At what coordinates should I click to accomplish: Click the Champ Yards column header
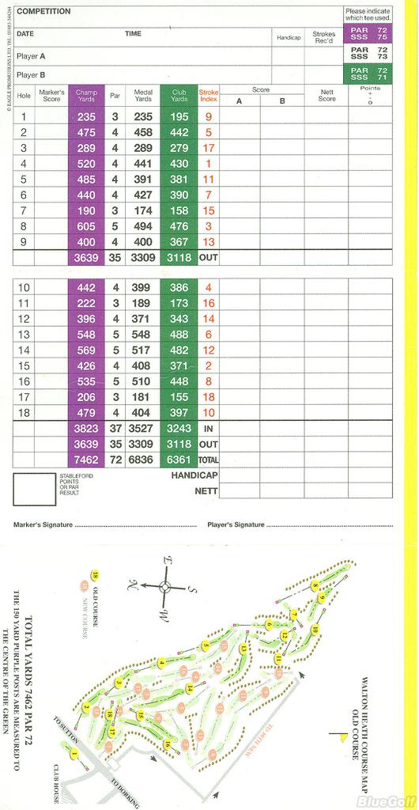(86, 95)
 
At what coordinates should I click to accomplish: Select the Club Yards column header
(179, 95)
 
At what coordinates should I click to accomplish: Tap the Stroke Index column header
(209, 95)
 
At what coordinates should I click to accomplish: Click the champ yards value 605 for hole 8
(86, 226)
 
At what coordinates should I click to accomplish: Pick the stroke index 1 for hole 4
(209, 164)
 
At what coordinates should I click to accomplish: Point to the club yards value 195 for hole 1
(179, 117)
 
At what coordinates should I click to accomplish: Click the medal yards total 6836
(143, 460)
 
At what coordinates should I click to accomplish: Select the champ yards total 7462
(86, 460)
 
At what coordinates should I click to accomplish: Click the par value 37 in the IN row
(115, 429)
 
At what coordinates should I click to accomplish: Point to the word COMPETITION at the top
(43, 12)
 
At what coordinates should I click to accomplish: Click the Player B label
(31, 75)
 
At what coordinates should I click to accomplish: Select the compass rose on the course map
(165, 587)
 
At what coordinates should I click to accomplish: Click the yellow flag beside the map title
(340, 736)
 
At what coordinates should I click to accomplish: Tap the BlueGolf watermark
(386, 801)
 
